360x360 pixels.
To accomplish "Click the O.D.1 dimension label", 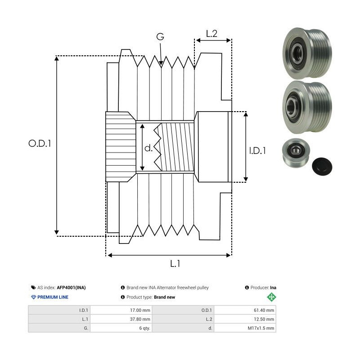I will pos(40,144).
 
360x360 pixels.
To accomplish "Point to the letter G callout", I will pos(160,37).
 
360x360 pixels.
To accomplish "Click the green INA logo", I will pos(271,297).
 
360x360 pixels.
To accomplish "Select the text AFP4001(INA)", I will pos(71,288).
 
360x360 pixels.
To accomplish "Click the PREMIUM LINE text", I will pos(53,297).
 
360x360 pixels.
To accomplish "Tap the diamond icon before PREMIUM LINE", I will pos(33,297).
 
